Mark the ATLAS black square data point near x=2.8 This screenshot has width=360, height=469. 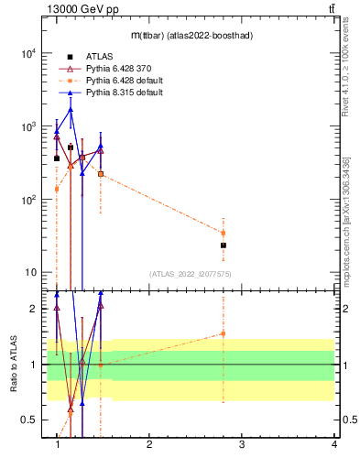tap(223, 245)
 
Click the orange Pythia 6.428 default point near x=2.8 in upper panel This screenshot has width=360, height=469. tap(223, 233)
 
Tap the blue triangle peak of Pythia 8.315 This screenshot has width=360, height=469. tap(71, 110)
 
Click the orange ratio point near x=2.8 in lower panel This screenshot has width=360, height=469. tap(223, 333)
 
